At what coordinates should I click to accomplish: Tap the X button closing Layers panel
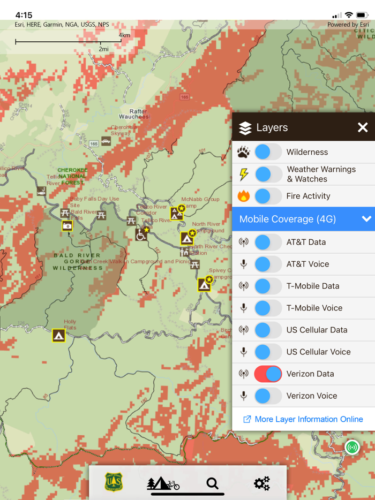[363, 127]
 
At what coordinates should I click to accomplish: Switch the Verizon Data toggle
[268, 374]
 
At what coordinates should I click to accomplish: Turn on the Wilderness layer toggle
[268, 152]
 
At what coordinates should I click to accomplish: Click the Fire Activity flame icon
[244, 196]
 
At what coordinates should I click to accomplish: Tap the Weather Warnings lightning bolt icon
[244, 174]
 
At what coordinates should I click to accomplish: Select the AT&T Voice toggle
[268, 264]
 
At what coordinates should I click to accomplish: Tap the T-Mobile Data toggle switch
[268, 286]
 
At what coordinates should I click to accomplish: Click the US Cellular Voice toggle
[268, 352]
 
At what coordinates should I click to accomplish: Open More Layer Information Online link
[303, 419]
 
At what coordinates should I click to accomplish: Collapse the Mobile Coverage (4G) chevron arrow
[366, 219]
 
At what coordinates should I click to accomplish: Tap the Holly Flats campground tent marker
[58, 336]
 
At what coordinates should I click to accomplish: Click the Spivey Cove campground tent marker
[204, 285]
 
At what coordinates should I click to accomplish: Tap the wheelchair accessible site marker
[141, 234]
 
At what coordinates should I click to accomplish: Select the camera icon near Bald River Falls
[67, 226]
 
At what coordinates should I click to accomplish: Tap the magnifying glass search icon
[213, 483]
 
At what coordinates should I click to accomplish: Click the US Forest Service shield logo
[114, 482]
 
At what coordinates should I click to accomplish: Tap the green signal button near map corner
[352, 447]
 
